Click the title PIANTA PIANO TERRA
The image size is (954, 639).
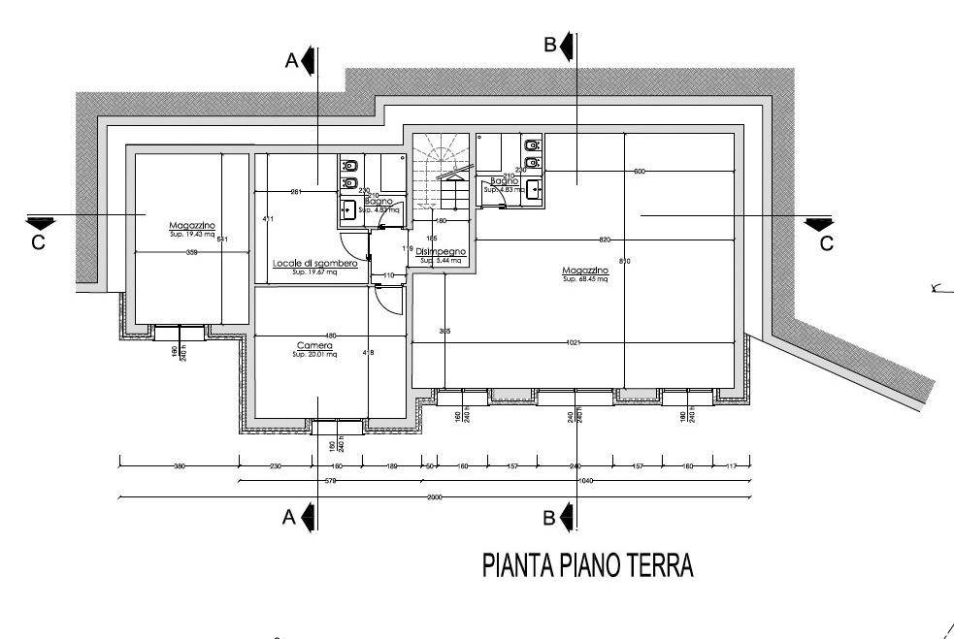[x=588, y=565]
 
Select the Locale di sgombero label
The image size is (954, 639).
[x=315, y=264]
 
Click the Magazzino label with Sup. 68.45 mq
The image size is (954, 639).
[x=584, y=271]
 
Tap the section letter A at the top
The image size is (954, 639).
[x=290, y=61]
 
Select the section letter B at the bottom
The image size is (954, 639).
[x=549, y=519]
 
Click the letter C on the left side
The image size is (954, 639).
[x=38, y=243]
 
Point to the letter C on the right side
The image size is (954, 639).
[x=826, y=243]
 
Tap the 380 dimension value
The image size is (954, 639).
[x=179, y=465]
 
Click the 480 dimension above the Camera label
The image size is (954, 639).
[x=330, y=335]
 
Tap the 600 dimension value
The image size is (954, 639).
[x=639, y=172]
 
